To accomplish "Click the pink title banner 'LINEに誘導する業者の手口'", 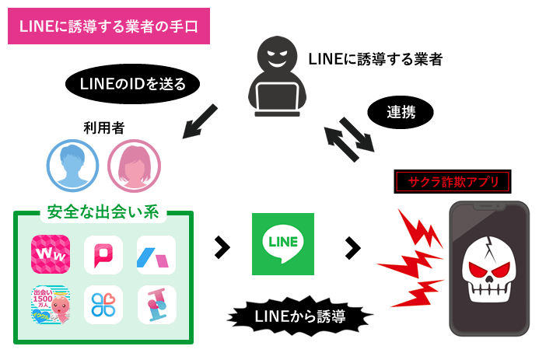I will (x=109, y=26).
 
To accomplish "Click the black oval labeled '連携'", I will (x=401, y=112).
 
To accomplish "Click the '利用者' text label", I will (x=103, y=128).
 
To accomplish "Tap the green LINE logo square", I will (x=283, y=243).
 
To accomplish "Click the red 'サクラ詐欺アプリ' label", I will (x=453, y=182).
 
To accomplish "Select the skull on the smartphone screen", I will (x=489, y=272).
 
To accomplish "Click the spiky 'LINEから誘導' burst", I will (x=300, y=316).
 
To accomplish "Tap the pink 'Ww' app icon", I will (x=51, y=254).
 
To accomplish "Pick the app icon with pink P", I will (x=103, y=254).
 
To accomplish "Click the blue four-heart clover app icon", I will (x=103, y=306).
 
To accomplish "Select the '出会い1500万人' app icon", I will (x=51, y=306).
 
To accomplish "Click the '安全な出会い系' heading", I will (x=103, y=211).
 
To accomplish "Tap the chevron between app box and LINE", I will (x=222, y=247).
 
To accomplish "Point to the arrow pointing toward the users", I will (x=200, y=122).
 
